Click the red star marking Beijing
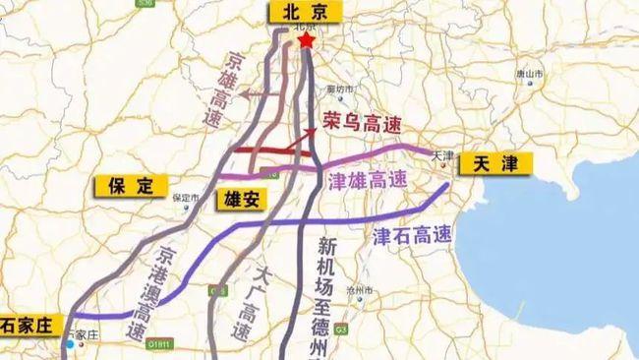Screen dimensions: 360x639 coord(307,41)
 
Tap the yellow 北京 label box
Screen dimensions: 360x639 coord(305,13)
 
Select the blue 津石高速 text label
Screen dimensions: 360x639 coord(412,236)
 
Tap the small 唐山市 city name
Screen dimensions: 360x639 coord(531,74)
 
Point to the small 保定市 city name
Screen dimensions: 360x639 coord(185,197)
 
